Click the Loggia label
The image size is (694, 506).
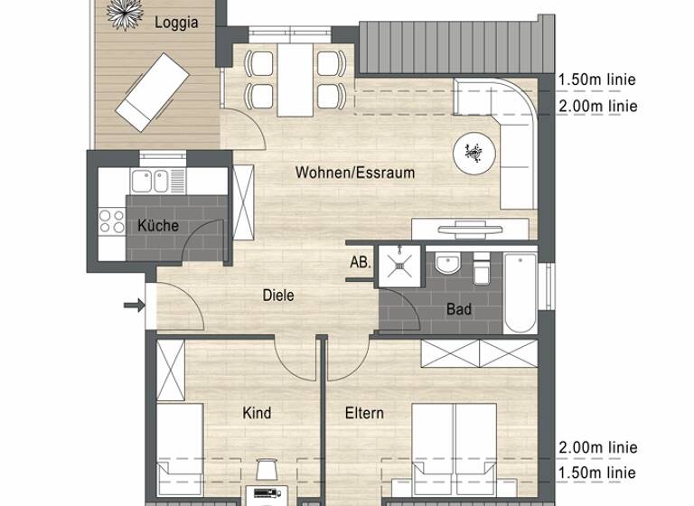176,23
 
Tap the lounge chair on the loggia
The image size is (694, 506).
151,90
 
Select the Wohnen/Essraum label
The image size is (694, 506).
355,172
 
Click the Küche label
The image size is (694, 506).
158,226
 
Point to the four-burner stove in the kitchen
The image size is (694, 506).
111,221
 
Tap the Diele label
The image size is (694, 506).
278,295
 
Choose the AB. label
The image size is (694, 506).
359,263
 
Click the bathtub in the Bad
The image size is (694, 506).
520,294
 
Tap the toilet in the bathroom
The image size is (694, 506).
481,268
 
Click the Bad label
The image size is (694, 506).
459,310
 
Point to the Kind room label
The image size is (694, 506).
257,413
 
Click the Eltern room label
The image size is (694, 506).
364,413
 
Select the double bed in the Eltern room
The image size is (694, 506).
454,447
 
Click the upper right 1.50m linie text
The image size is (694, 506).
597,80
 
